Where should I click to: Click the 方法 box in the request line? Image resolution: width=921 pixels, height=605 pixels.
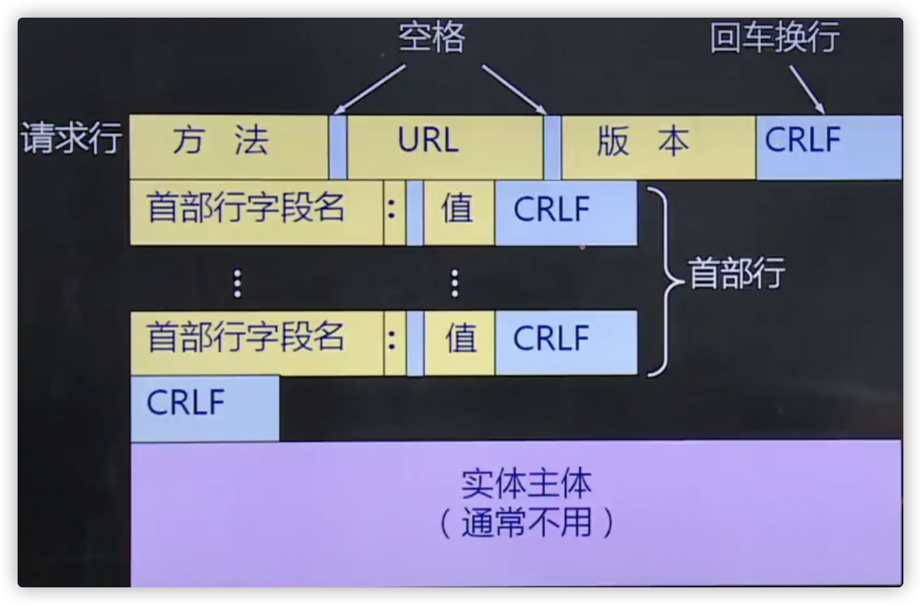[x=228, y=147]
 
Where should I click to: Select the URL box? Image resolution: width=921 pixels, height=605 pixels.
[x=445, y=147]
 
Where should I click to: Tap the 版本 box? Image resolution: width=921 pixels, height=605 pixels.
[x=658, y=147]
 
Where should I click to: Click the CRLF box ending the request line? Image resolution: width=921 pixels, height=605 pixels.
[x=828, y=147]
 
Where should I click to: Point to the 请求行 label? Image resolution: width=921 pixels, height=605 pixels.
[x=72, y=139]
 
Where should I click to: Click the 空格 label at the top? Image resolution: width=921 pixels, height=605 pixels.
[x=432, y=37]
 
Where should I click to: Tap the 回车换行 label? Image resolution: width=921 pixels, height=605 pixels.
[x=775, y=37]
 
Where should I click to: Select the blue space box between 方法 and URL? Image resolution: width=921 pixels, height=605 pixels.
[x=338, y=147]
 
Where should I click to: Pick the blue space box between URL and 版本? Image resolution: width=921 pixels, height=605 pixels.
[x=553, y=147]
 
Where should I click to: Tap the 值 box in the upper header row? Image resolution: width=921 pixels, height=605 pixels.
[x=459, y=212]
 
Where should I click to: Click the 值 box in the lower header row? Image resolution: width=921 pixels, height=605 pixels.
[x=460, y=343]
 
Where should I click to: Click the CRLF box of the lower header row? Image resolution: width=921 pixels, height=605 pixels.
[x=566, y=343]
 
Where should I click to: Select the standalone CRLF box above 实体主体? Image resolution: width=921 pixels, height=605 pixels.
[x=205, y=408]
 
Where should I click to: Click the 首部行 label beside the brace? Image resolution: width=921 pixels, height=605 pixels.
[x=736, y=273]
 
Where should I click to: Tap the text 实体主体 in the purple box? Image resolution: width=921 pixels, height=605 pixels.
[x=526, y=484]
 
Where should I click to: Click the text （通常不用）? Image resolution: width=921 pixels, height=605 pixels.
[x=526, y=523]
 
